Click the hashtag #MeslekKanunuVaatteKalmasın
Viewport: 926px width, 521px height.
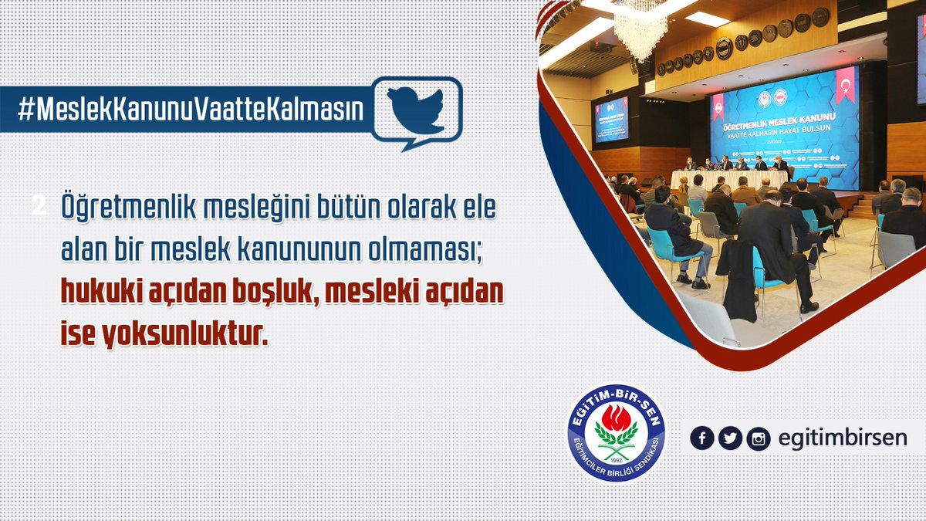click(x=190, y=110)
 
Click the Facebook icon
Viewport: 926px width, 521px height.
click(x=701, y=438)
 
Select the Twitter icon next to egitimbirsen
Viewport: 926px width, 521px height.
click(x=730, y=438)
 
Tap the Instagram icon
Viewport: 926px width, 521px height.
click(x=759, y=438)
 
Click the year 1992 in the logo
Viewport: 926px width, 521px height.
click(x=616, y=460)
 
